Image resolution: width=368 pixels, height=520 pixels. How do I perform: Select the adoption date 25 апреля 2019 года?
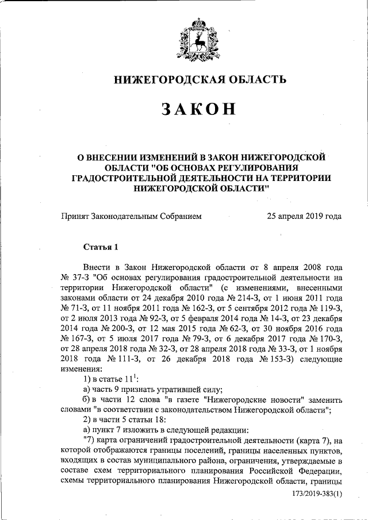pos(304,216)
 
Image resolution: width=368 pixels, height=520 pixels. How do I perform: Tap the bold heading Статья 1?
pos(101,248)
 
